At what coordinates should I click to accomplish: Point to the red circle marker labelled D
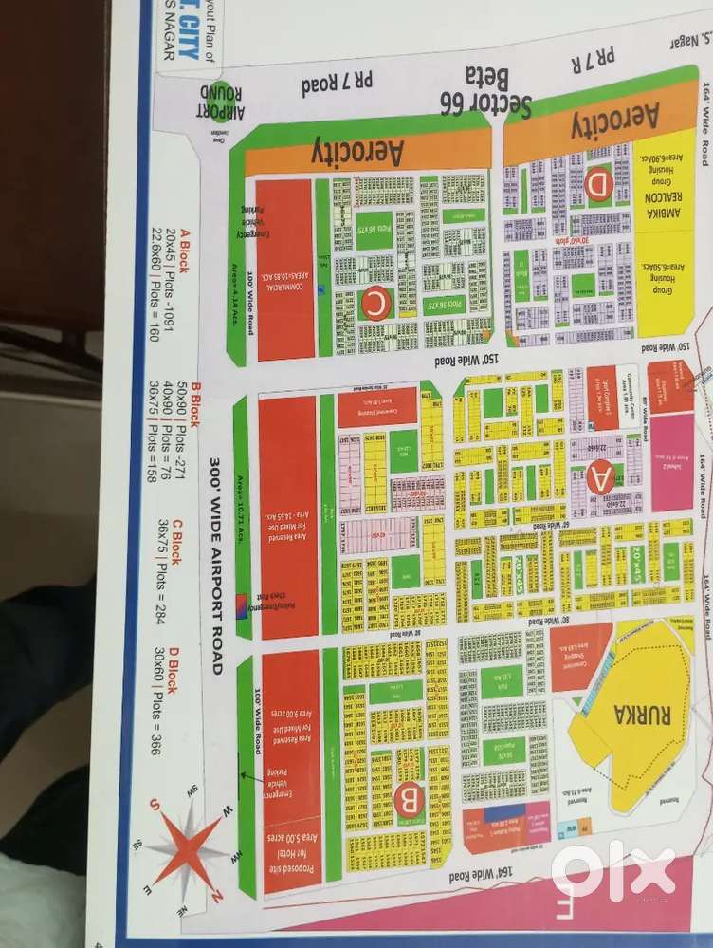pos(598,187)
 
